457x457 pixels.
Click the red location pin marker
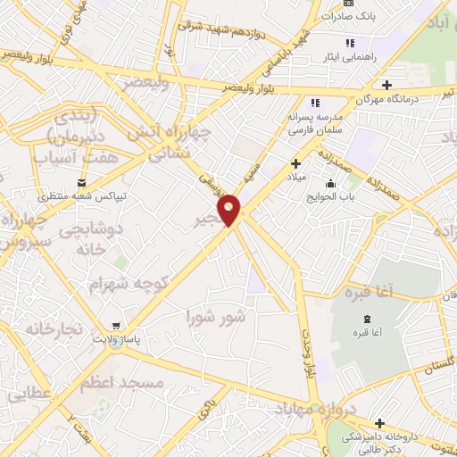pyautogui.click(x=229, y=211)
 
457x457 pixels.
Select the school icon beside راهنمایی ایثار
pyautogui.click(x=350, y=42)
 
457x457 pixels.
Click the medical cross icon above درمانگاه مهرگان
pyautogui.click(x=386, y=85)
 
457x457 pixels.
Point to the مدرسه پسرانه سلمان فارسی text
pyautogui.click(x=315, y=123)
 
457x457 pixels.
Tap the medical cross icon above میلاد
pyautogui.click(x=295, y=163)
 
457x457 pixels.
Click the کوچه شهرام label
pyautogui.click(x=129, y=283)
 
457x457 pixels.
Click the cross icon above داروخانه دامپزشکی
pyautogui.click(x=380, y=422)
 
